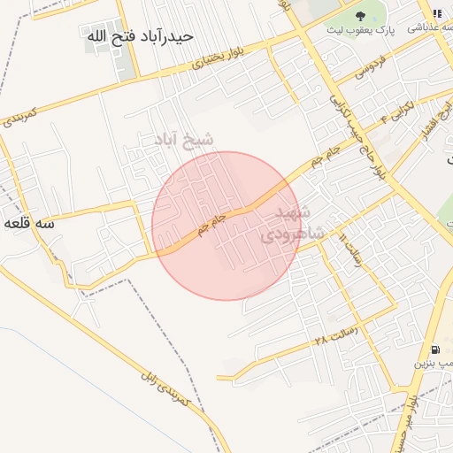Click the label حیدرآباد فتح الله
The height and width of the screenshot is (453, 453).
(140, 37)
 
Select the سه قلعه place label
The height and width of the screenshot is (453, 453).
(29, 224)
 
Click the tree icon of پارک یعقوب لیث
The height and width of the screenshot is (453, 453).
(359, 15)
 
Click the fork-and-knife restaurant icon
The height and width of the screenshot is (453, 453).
(437, 13)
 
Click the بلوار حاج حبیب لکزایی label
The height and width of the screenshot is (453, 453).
(359, 132)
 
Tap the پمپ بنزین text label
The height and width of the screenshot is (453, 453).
(436, 364)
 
